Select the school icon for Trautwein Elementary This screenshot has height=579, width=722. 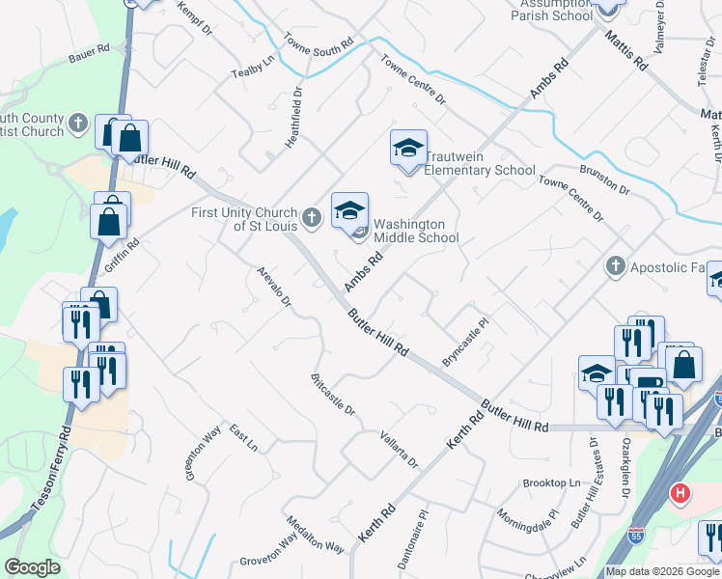pos(408,149)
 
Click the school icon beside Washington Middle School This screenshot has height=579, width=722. pos(349,209)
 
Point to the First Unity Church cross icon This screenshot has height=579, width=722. pos(311,218)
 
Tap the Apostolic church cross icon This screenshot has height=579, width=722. pos(614,265)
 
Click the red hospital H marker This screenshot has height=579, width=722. pos(680,494)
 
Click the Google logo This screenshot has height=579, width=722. pos(32,567)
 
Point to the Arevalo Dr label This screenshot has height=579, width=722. pos(273,287)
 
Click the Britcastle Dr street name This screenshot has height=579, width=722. pos(333,394)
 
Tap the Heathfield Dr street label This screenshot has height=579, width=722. pos(294,119)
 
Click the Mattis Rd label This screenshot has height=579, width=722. pos(625,50)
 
